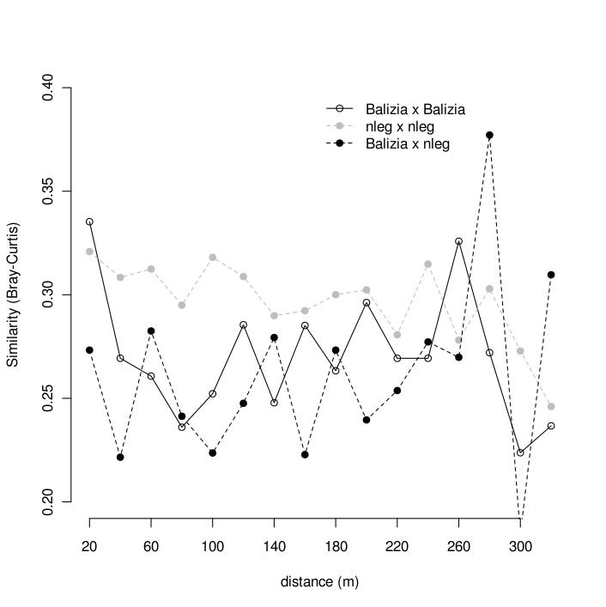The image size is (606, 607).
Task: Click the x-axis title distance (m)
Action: pyautogui.click(x=319, y=582)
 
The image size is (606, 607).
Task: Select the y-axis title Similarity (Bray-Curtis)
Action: pyautogui.click(x=13, y=294)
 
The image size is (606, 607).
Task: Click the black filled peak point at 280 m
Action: pyautogui.click(x=489, y=135)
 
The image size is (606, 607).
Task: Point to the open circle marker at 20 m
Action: pyautogui.click(x=89, y=222)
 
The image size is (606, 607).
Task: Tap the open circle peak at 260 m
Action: pyautogui.click(x=458, y=241)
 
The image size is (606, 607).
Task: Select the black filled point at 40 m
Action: pyautogui.click(x=120, y=457)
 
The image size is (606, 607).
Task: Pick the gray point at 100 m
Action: pyautogui.click(x=212, y=258)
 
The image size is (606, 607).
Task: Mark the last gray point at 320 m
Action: pyautogui.click(x=551, y=406)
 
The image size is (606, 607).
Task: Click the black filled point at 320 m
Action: pyautogui.click(x=551, y=275)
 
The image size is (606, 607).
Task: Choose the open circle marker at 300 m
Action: pyautogui.click(x=520, y=452)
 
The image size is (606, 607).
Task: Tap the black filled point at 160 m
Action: pyautogui.click(x=305, y=454)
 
